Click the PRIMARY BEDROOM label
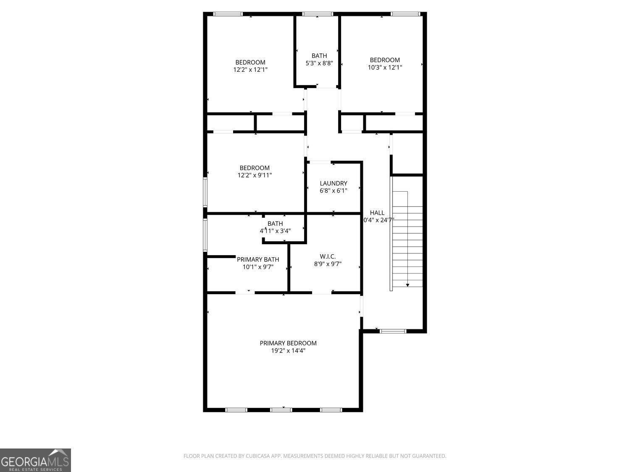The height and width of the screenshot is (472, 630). (288, 343)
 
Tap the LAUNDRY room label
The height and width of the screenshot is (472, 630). (333, 183)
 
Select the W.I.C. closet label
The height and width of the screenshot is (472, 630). (328, 256)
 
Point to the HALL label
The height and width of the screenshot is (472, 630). (377, 213)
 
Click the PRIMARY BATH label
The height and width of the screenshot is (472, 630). (258, 259)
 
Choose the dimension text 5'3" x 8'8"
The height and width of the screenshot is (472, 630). (319, 63)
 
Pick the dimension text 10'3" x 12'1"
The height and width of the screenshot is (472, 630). (385, 67)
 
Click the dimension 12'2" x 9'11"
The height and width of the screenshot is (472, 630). (255, 175)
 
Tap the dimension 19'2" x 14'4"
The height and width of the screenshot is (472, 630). (288, 351)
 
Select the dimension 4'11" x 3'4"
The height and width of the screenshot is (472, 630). (275, 231)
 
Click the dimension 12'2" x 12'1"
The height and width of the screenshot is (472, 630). (250, 70)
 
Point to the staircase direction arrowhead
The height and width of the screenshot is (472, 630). (407, 285)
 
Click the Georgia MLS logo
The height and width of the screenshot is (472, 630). (35, 460)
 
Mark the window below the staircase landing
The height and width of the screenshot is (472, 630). (393, 331)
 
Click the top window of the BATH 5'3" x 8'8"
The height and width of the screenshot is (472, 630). (318, 14)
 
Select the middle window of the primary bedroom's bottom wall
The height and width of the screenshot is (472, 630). (281, 409)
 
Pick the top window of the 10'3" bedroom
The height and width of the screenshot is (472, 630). (405, 14)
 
